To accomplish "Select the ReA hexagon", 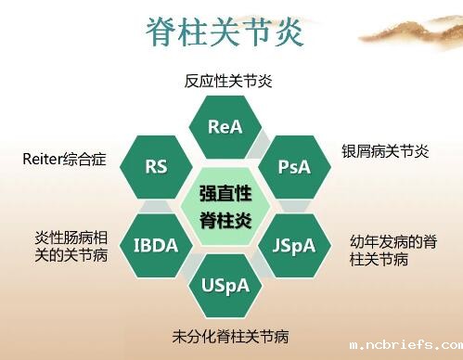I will click(225, 126).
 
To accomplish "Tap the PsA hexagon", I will click(294, 167).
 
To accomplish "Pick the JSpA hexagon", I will click(294, 246).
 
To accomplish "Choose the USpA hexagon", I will click(225, 285).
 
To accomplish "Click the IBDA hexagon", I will click(156, 246).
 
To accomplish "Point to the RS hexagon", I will click(156, 167).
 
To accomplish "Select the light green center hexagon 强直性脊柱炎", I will click(225, 206).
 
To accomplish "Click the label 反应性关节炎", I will click(227, 82).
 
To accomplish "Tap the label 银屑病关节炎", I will click(384, 151).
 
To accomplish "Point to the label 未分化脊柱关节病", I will click(225, 334).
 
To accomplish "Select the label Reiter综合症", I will click(64, 160).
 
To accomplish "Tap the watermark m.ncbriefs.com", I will click(405, 344).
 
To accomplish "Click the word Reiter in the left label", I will click(43, 160).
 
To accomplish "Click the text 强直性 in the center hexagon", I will click(225, 194).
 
